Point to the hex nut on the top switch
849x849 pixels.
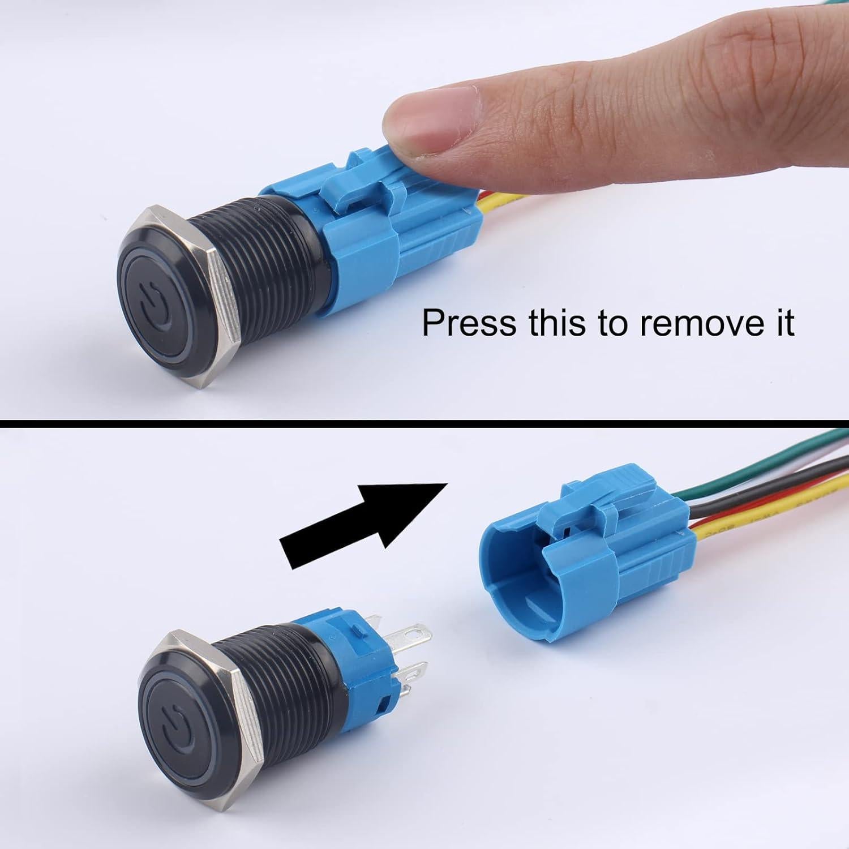tap(221, 300)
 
